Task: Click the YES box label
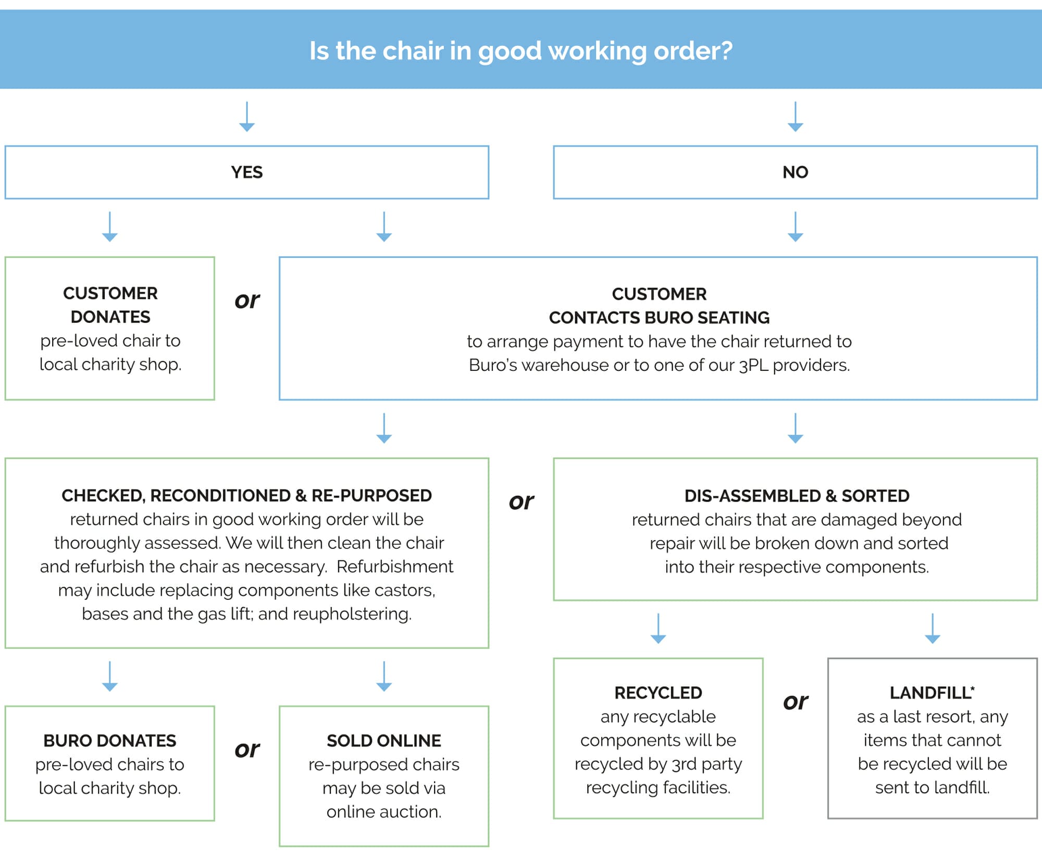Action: [246, 172]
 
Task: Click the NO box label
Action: [795, 172]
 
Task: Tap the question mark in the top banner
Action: [726, 51]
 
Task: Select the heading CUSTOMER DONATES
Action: [110, 305]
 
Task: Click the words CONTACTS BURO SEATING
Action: [659, 318]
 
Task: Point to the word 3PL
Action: [754, 365]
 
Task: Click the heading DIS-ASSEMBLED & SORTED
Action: [796, 496]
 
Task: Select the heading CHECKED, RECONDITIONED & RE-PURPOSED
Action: [246, 495]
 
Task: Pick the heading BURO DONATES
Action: [109, 741]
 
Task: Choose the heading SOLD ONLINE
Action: [383, 741]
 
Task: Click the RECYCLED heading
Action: [658, 693]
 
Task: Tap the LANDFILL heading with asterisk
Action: [932, 693]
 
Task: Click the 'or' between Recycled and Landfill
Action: [795, 702]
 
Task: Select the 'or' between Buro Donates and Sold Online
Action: [246, 749]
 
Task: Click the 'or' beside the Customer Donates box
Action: [246, 300]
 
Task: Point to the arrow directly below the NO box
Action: [795, 226]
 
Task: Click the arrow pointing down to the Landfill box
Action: [932, 628]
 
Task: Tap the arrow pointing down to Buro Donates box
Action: [109, 676]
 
